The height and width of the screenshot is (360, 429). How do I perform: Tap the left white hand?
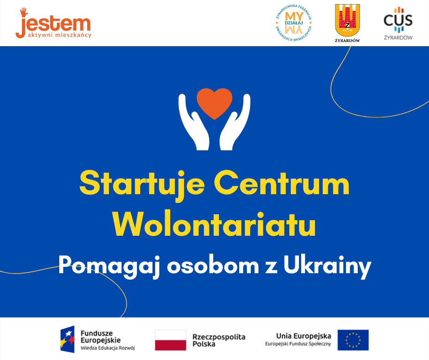pyautogui.click(x=193, y=123)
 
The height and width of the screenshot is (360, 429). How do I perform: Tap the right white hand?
pyautogui.click(x=236, y=123)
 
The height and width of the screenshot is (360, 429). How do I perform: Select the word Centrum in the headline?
pyautogui.click(x=282, y=183)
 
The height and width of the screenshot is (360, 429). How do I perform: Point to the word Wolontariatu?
pyautogui.click(x=214, y=223)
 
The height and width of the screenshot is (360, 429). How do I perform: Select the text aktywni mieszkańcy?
pyautogui.click(x=59, y=35)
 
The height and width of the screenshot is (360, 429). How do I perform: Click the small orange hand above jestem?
pyautogui.click(x=24, y=12)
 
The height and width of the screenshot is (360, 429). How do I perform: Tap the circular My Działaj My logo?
pyautogui.click(x=293, y=23)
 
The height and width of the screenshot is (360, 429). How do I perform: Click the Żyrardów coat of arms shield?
pyautogui.click(x=347, y=20)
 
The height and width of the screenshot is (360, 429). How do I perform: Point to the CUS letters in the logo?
pyautogui.click(x=398, y=20)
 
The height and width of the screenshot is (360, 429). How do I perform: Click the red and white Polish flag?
pyautogui.click(x=170, y=340)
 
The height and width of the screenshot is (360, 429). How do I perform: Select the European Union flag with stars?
pyautogui.click(x=353, y=340)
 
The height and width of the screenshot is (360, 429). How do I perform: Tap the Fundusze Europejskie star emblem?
pyautogui.click(x=67, y=339)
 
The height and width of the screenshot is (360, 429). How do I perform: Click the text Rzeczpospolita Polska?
pyautogui.click(x=219, y=340)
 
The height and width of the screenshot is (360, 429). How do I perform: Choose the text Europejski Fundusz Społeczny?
pyautogui.click(x=298, y=344)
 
